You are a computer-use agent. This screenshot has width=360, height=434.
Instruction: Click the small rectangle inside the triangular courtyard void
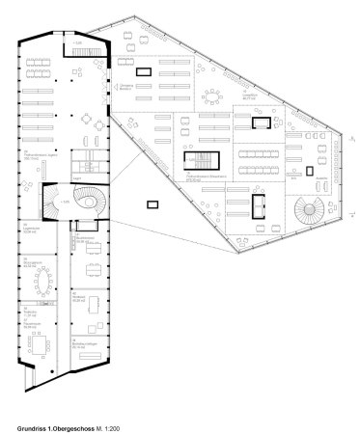(x=150, y=203)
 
